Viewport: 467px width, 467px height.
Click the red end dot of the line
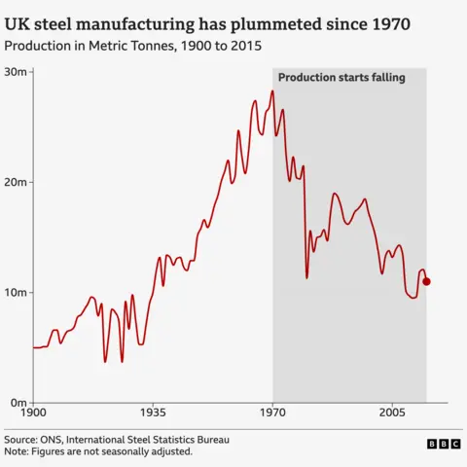point(426,281)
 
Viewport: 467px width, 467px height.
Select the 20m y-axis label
point(18,182)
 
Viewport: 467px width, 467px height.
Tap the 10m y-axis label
point(18,293)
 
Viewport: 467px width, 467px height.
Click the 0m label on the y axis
point(20,403)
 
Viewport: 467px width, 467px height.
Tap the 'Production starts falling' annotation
point(341,78)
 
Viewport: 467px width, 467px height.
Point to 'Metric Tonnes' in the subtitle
point(130,46)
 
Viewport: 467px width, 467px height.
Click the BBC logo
point(444,444)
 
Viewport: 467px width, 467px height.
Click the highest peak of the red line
point(272,90)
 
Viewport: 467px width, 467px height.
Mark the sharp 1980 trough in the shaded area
point(306,278)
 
